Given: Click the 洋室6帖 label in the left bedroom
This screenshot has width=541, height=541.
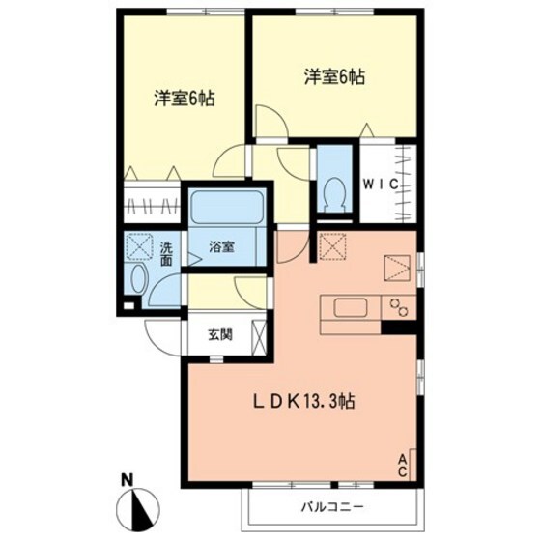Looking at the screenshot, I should [184, 98].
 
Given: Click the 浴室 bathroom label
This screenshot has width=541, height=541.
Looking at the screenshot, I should [221, 247].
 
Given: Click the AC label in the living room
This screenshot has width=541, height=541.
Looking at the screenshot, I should [403, 463].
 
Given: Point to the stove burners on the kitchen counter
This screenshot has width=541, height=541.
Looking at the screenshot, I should [398, 308].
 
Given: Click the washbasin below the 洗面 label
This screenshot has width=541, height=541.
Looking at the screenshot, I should [136, 282].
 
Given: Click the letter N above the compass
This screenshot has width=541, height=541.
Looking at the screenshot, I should [127, 478].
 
